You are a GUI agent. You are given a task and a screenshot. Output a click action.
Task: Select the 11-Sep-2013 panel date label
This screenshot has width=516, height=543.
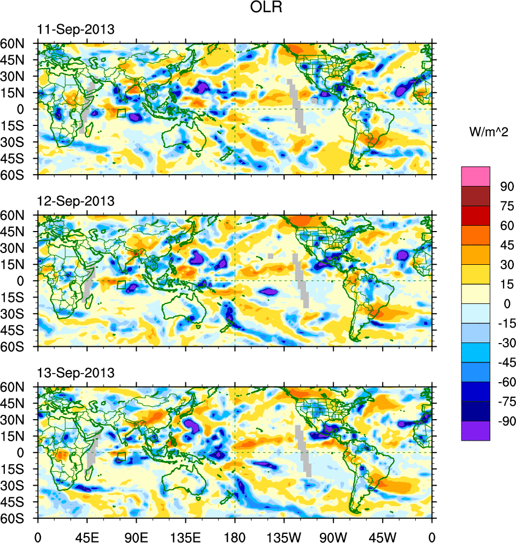(76, 30)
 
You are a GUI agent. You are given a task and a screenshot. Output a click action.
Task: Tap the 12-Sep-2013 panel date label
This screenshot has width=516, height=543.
(76, 202)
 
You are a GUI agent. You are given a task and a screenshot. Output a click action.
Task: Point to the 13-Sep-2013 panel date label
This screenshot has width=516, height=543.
(76, 373)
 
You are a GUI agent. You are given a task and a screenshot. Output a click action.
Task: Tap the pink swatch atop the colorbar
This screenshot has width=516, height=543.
(476, 176)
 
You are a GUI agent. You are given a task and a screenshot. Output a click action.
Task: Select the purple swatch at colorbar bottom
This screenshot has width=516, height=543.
(476, 430)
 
